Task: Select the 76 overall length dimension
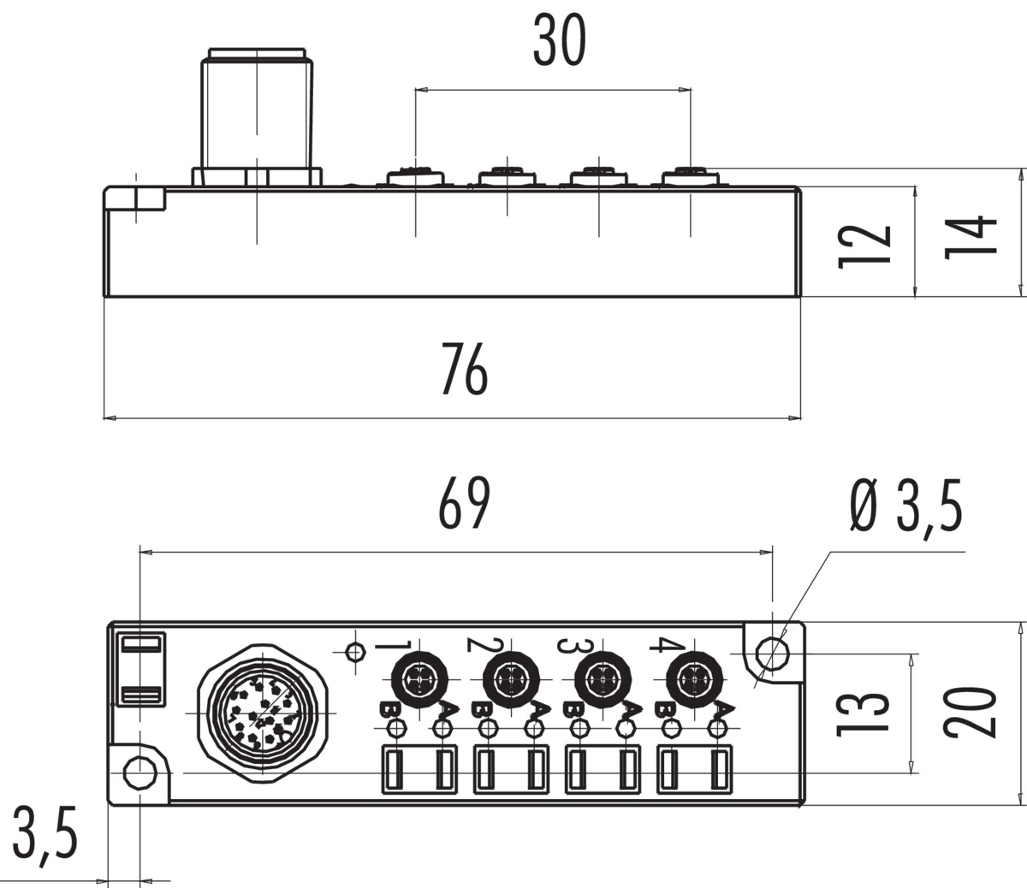coord(464,369)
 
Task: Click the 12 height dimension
coord(866,246)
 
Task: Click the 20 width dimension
coord(971,712)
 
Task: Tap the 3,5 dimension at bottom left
coord(45,834)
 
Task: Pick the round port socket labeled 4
coord(694,680)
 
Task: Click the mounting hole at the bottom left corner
coord(137,773)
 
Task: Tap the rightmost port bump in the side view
coord(691,177)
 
